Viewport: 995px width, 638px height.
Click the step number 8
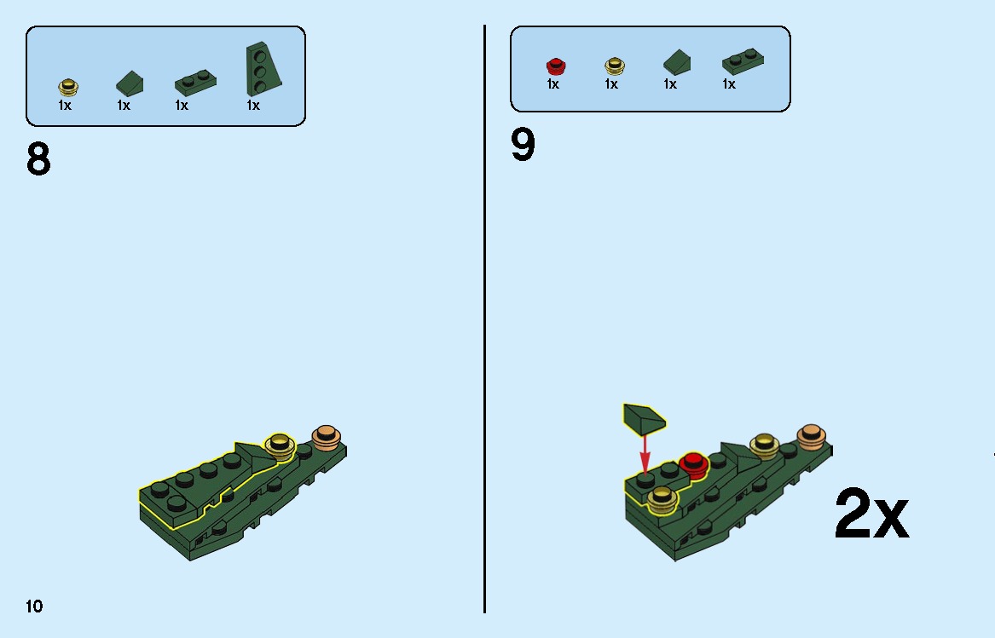38,159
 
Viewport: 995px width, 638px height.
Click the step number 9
523,145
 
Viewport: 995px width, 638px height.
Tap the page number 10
34,606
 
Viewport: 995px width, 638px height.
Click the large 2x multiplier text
872,514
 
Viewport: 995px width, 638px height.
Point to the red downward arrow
645,453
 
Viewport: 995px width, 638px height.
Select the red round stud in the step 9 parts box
556,66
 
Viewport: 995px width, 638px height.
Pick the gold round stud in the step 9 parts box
614,66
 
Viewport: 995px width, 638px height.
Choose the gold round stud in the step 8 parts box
68,87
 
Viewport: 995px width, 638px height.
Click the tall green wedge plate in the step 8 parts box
263,69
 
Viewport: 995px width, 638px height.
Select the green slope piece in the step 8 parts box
130,83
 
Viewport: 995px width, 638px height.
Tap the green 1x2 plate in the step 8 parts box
195,83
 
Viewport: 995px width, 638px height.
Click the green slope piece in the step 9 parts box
677,62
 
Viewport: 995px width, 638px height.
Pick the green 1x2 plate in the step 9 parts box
743,61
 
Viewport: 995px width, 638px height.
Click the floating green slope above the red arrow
645,418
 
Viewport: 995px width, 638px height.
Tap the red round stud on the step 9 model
693,464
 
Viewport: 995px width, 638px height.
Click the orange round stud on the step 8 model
327,438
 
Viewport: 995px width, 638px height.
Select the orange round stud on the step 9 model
811,438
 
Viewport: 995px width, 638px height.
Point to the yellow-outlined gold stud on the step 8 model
280,445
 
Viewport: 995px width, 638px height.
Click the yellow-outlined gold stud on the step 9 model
662,499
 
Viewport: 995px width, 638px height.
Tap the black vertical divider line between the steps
485,319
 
